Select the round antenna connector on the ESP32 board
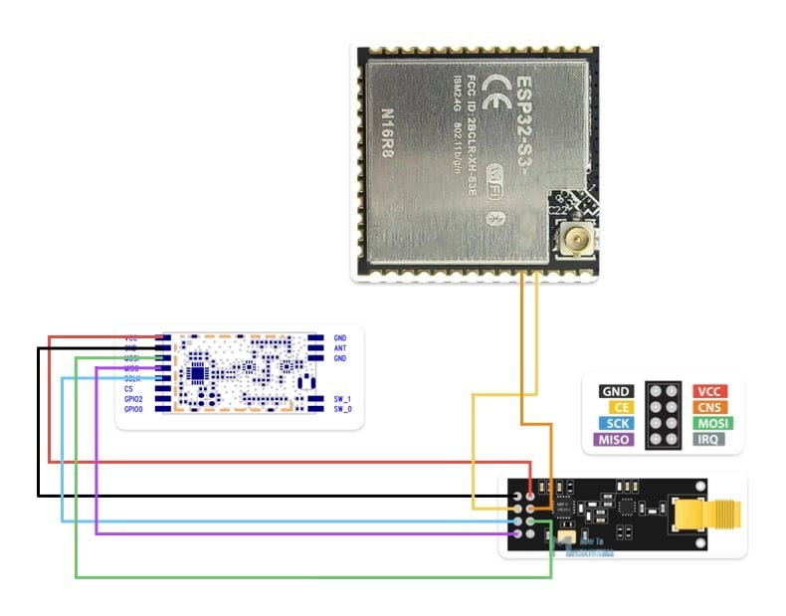(x=573, y=239)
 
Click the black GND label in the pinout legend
(x=616, y=391)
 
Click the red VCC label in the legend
(x=709, y=391)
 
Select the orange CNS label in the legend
(x=709, y=407)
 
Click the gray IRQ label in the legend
(x=709, y=439)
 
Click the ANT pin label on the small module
(x=340, y=348)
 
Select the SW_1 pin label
(x=342, y=399)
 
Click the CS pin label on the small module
(x=129, y=389)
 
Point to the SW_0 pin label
(x=342, y=409)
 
